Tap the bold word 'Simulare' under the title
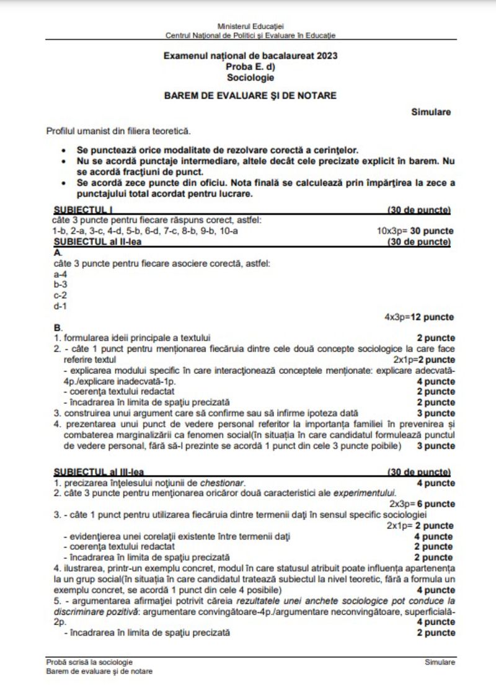(x=430, y=112)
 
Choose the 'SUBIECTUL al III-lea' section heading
(x=99, y=472)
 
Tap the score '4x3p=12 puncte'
(x=419, y=317)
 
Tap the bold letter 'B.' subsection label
(x=58, y=327)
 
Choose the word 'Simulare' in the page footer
(x=440, y=662)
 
